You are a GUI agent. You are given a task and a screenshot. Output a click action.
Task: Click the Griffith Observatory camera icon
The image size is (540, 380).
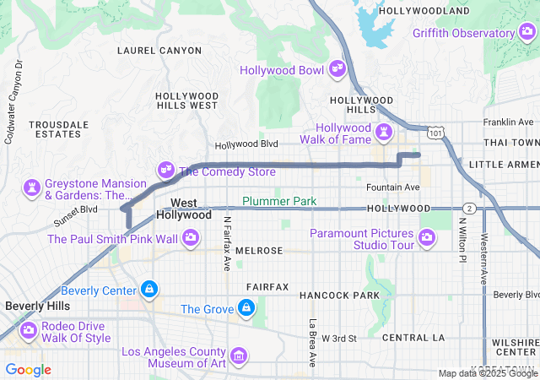point(526,33)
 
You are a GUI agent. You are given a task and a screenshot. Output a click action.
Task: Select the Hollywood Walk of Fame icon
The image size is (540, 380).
point(386,132)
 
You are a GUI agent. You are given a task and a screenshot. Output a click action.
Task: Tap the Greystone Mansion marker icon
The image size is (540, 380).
point(33,186)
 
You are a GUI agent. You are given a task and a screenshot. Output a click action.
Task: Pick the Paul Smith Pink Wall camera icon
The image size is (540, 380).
point(191,239)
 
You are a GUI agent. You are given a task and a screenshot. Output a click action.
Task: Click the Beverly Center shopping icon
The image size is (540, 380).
point(149,290)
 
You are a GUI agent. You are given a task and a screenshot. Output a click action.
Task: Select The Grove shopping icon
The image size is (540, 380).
point(246,308)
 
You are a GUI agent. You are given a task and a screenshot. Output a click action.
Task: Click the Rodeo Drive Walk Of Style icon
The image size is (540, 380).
point(29,328)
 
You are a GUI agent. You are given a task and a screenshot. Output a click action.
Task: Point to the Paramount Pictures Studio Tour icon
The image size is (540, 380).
point(427,239)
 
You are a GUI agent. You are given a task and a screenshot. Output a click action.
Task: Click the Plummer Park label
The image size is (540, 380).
point(278,201)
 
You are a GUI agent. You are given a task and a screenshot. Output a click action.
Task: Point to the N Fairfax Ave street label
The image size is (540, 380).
point(226,244)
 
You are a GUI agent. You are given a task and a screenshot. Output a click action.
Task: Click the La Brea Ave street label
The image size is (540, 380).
point(312,341)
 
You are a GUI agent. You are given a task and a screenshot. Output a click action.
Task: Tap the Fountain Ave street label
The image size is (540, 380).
point(392,187)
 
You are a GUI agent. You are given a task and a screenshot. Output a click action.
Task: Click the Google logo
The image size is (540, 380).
point(29,370)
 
